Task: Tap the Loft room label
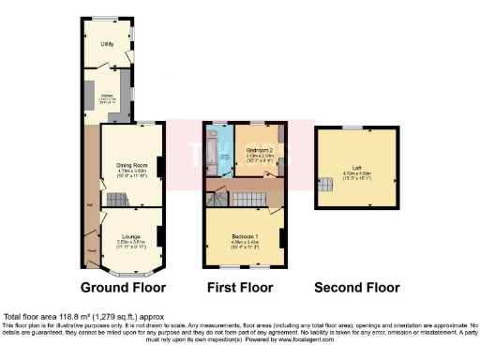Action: tap(353, 170)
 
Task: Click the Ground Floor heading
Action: tap(124, 287)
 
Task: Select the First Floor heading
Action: tap(241, 287)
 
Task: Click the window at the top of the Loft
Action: tap(353, 127)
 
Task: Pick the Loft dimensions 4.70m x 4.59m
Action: tap(353, 175)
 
